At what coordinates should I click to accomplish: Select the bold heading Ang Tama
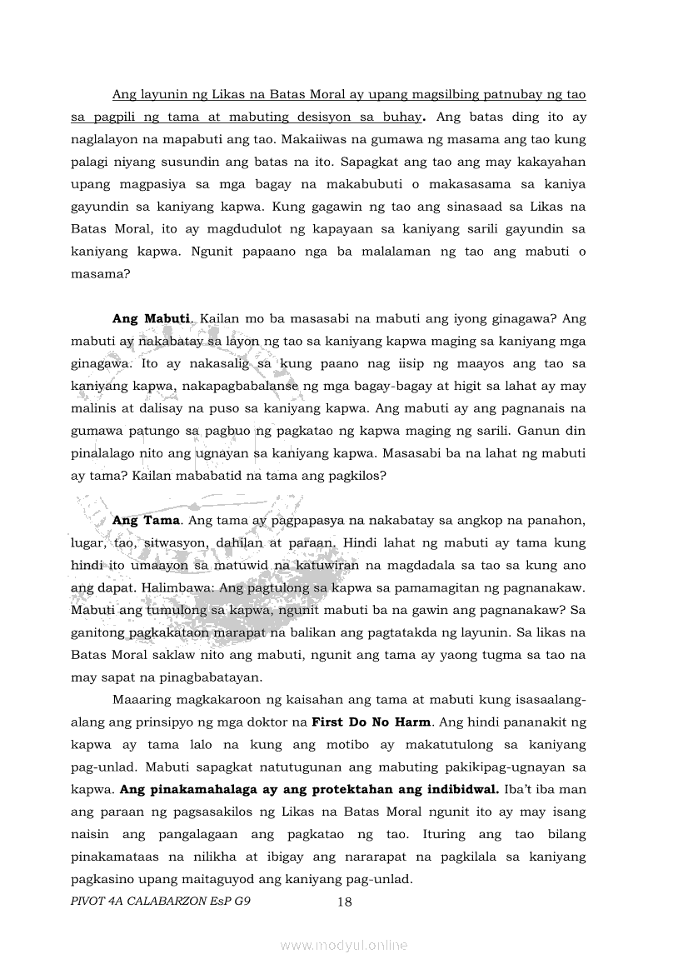146,520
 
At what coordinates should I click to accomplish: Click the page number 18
344,902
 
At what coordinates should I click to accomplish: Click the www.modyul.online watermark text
344,946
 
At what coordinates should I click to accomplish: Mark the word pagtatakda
400,632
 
